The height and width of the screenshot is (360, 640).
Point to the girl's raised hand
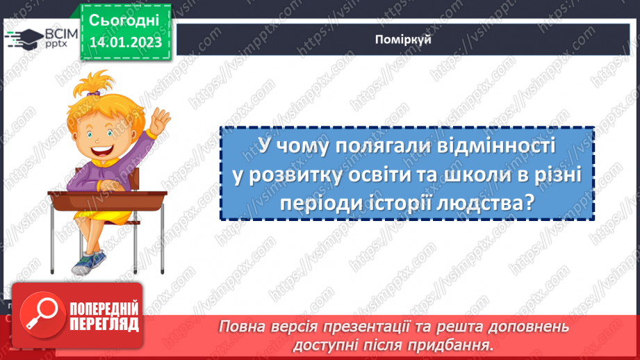pyautogui.click(x=161, y=122)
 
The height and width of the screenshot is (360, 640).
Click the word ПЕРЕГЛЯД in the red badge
pyautogui.click(x=102, y=323)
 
